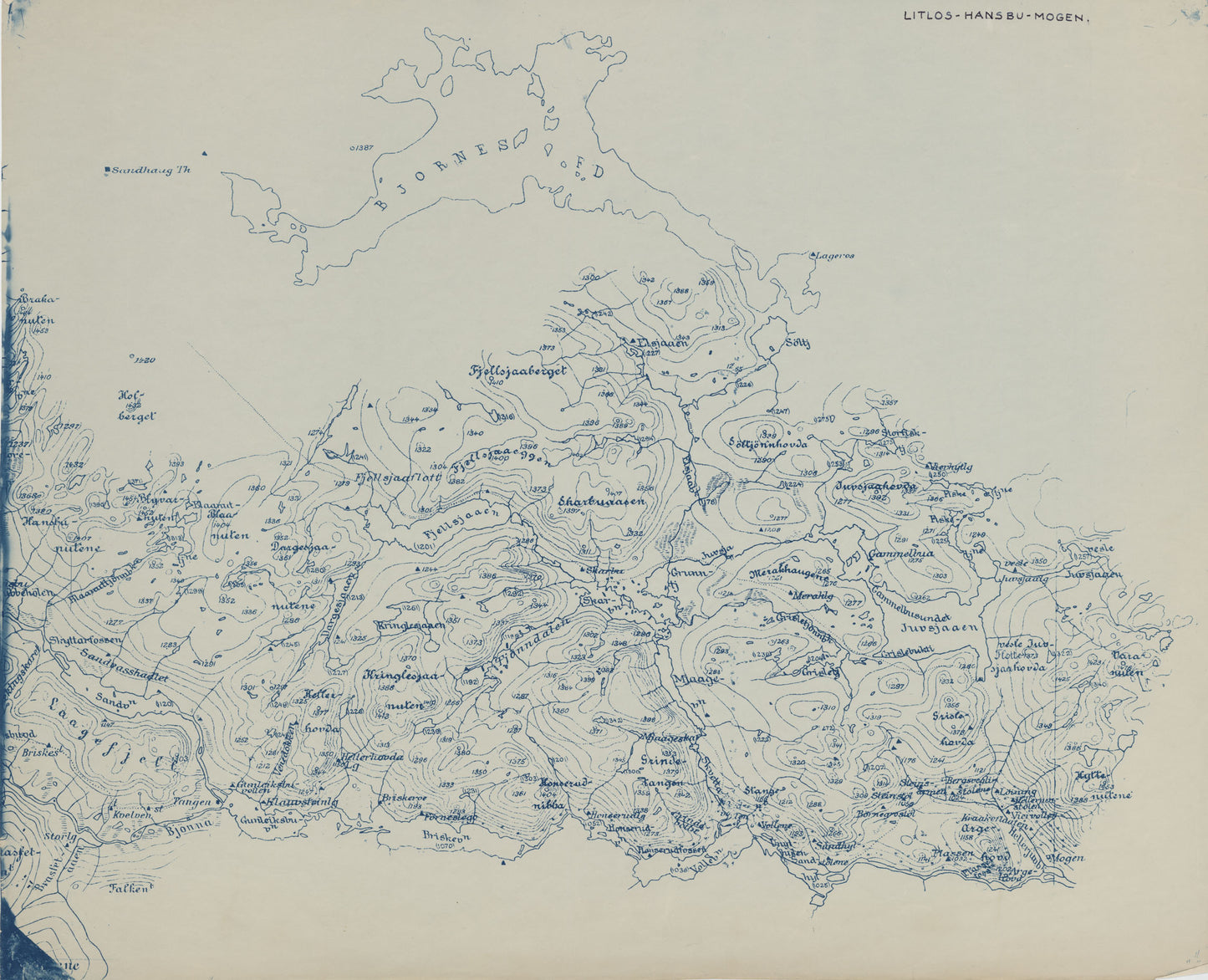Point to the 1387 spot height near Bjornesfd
[361, 147]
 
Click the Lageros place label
[835, 256]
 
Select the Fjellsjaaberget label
[519, 370]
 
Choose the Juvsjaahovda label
[875, 486]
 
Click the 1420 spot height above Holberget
[145, 360]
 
